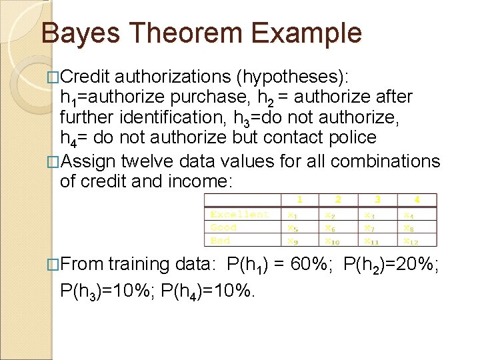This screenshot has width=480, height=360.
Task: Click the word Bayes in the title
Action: coord(78,33)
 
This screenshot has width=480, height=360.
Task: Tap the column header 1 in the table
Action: coord(299,199)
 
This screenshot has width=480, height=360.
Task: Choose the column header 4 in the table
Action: coord(417,199)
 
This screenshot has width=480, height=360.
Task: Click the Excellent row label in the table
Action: coord(239,214)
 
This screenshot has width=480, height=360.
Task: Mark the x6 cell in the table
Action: coord(331,227)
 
